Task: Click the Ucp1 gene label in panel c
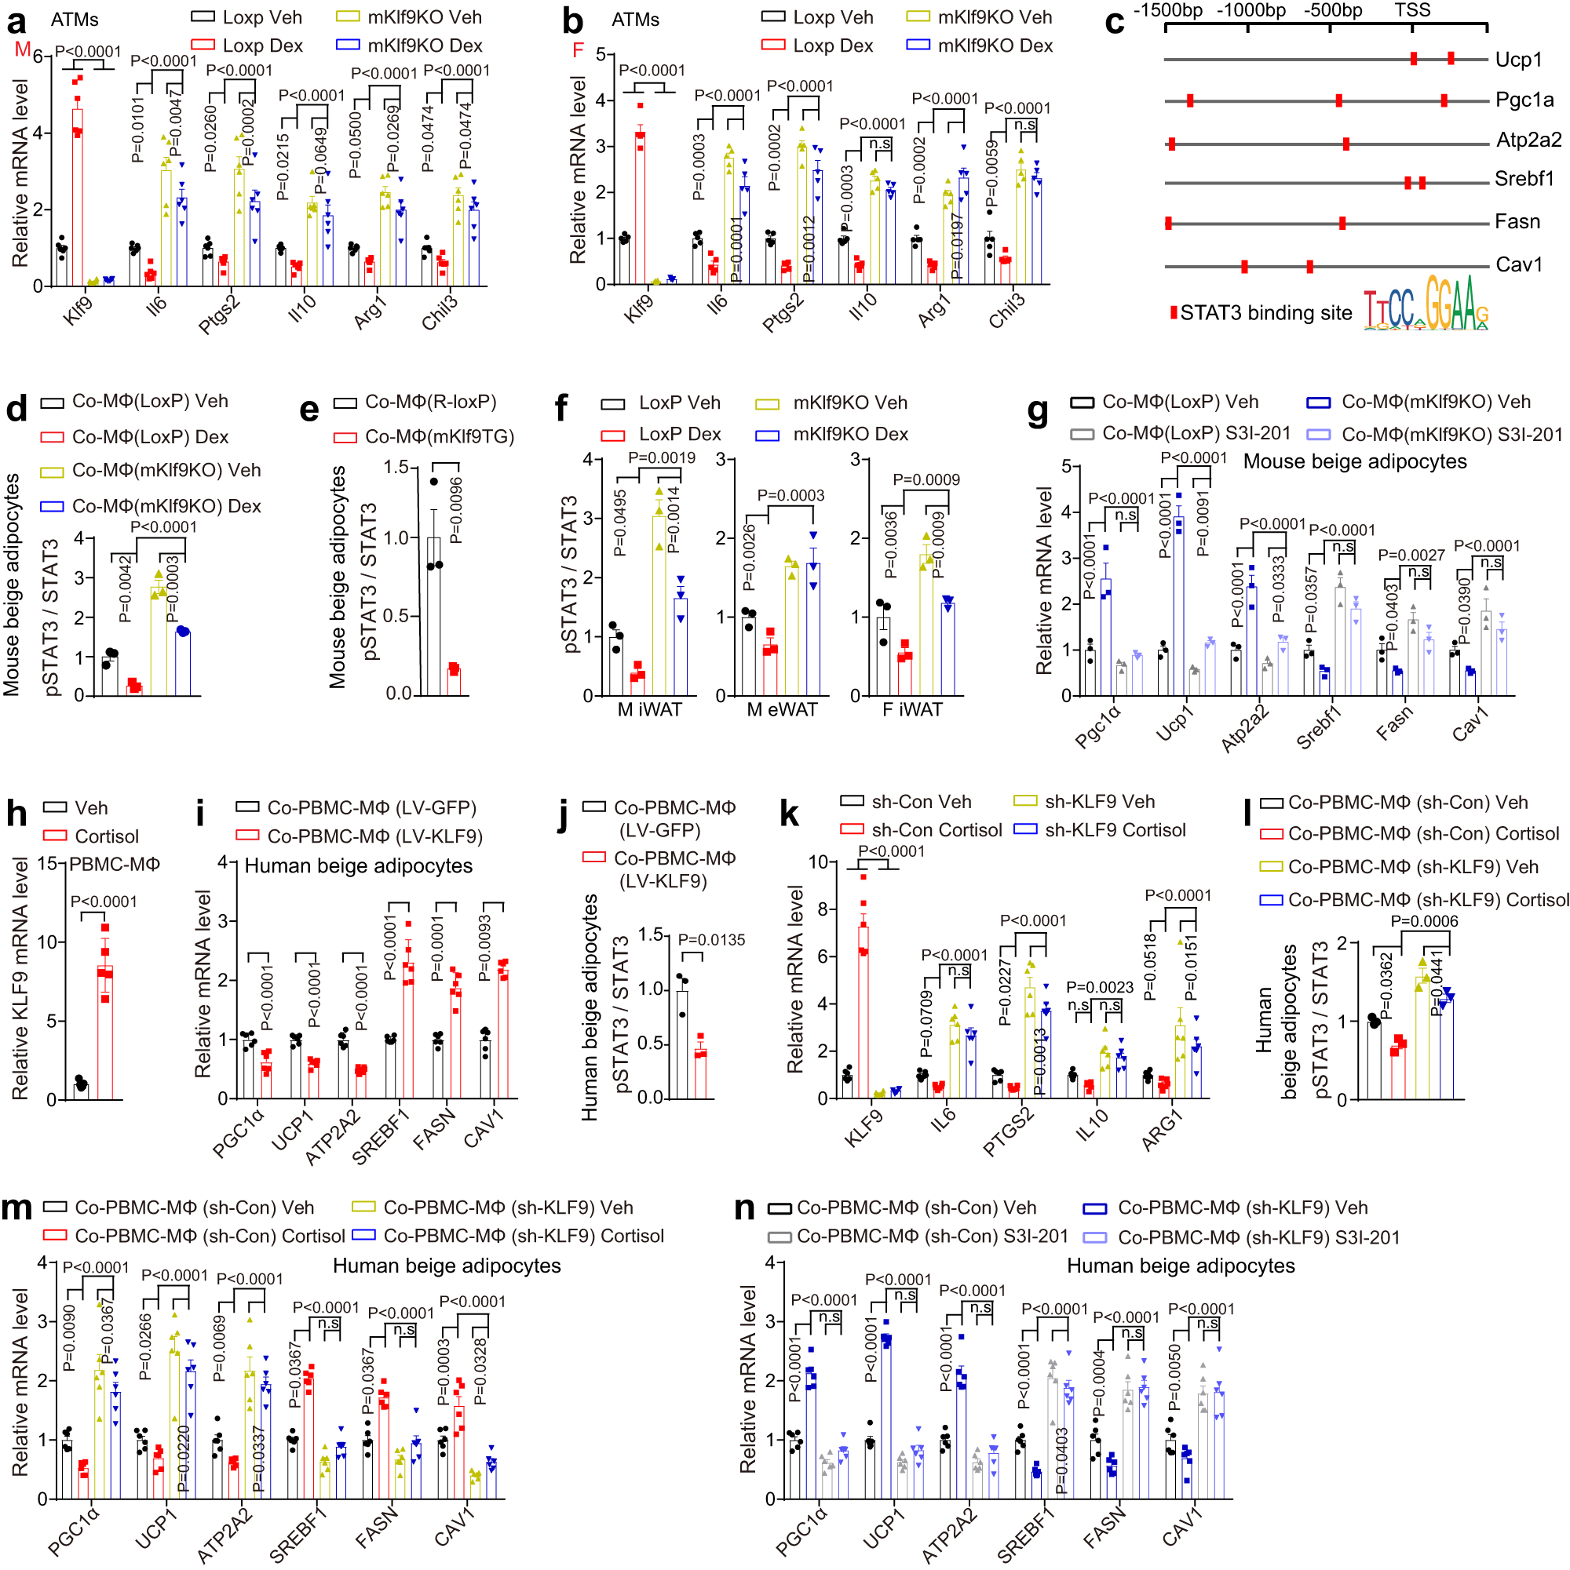(x=1518, y=60)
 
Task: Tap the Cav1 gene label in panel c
(x=1518, y=265)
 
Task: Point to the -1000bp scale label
(x=1251, y=10)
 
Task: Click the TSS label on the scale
(x=1412, y=9)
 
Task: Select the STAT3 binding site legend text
(x=1265, y=313)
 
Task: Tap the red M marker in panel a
(x=22, y=50)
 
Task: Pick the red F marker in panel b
(x=578, y=50)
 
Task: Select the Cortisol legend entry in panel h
(x=106, y=836)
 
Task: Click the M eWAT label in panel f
(x=781, y=709)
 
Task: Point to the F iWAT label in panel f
(x=912, y=709)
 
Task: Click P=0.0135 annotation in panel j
(x=710, y=939)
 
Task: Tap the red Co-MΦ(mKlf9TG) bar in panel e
(x=454, y=681)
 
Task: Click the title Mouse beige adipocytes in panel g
(x=1355, y=461)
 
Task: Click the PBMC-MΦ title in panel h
(x=115, y=864)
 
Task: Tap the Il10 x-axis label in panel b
(x=862, y=308)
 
